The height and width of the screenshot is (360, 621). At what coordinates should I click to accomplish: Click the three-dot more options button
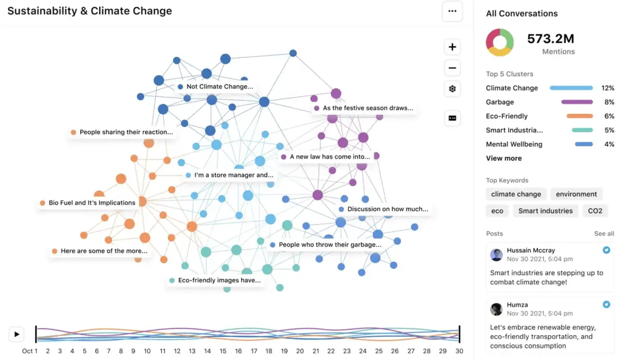452,11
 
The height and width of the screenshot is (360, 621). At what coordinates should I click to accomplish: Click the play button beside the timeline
17,334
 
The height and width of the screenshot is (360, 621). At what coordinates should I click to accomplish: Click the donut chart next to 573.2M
499,42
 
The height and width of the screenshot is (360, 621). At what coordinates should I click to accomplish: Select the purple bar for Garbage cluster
577,102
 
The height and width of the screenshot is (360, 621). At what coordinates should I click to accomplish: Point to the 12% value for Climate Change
607,88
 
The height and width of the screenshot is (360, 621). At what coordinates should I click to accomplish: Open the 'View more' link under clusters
504,158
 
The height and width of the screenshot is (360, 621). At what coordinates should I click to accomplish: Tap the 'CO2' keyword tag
595,211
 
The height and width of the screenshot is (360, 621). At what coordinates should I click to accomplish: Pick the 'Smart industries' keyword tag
545,211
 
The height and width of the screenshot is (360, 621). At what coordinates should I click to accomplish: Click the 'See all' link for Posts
604,234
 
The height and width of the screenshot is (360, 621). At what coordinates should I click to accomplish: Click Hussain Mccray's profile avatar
496,254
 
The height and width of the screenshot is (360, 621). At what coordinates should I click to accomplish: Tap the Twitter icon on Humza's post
607,305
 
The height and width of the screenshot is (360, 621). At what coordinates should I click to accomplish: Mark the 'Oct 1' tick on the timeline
29,351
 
